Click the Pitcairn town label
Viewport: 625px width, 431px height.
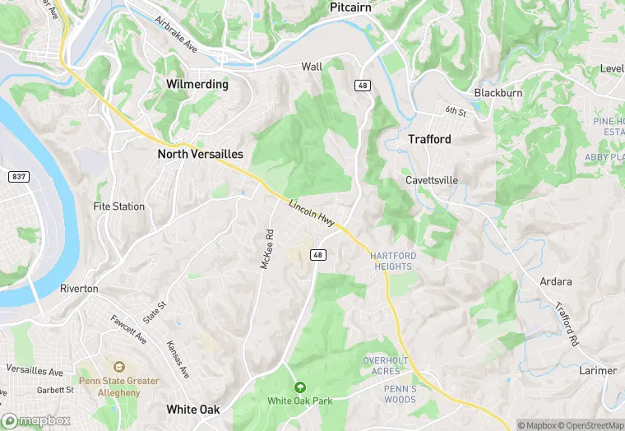(x=350, y=7)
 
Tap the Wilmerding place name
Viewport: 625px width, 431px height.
(x=197, y=85)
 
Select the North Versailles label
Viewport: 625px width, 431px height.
(x=200, y=154)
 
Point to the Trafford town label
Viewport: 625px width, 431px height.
(x=429, y=140)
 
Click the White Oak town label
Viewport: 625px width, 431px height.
(x=193, y=409)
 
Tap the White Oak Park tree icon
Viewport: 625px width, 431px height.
(x=299, y=387)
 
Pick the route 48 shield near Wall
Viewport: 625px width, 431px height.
(x=363, y=86)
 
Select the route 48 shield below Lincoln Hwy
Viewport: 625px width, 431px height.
(x=318, y=255)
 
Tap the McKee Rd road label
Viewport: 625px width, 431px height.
(x=267, y=248)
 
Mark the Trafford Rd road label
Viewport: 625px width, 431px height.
(x=566, y=323)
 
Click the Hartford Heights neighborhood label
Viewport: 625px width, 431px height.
(x=392, y=261)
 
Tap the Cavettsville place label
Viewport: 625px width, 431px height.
(x=432, y=180)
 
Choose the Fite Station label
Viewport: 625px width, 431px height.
(x=119, y=206)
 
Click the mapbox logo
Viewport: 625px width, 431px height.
(x=35, y=420)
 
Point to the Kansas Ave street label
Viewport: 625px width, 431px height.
(x=178, y=359)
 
